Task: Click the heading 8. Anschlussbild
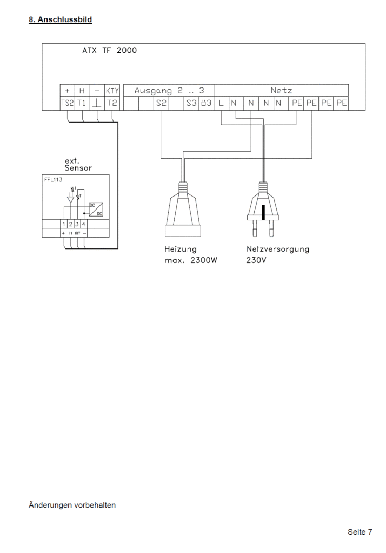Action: click(x=61, y=19)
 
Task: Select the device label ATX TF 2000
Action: click(x=110, y=50)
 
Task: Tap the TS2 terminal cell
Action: click(x=68, y=103)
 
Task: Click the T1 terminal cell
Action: click(x=82, y=103)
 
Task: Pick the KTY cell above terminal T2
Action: click(x=112, y=91)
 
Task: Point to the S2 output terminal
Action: click(x=161, y=103)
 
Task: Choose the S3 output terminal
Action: click(x=191, y=103)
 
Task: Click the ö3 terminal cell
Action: click(x=206, y=103)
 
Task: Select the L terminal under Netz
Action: click(x=222, y=103)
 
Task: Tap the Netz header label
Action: click(x=282, y=91)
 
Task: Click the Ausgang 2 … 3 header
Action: click(x=169, y=91)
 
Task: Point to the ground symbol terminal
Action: click(x=97, y=103)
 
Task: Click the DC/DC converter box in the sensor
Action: click(x=96, y=210)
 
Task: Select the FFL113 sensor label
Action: click(x=54, y=179)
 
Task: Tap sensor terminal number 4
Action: click(x=84, y=224)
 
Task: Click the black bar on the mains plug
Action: click(x=263, y=212)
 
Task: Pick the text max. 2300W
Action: click(x=191, y=261)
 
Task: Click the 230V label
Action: click(x=256, y=261)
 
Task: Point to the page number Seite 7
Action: click(x=360, y=532)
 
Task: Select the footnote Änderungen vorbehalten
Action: click(x=72, y=505)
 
